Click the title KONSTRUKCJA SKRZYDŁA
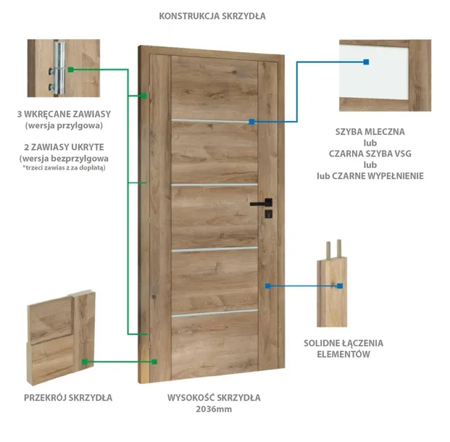point(212,16)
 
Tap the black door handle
point(262,203)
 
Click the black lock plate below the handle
point(268,214)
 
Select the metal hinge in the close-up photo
point(59,68)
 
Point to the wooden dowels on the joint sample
point(334,249)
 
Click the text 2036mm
point(214,409)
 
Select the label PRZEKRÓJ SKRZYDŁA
point(68,398)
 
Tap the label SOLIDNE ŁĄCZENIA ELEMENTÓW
point(343,349)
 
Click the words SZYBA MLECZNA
point(370,132)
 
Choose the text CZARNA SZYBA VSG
point(370,154)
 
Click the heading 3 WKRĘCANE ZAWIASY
point(64,114)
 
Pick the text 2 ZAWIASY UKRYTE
point(64,147)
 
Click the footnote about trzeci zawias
point(64,167)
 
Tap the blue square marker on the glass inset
point(366,62)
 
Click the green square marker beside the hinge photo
point(71,70)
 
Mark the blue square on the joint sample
point(340,286)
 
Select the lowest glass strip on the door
point(214,313)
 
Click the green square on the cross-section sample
point(84,362)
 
